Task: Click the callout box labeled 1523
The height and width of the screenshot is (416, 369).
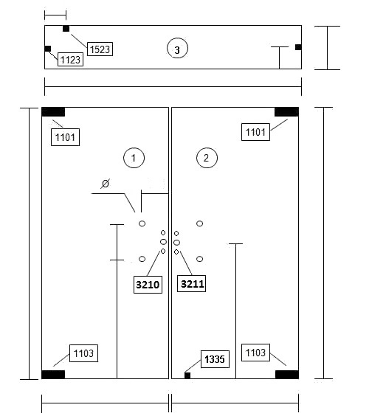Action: (100, 49)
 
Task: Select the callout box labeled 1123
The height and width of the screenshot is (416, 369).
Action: (70, 60)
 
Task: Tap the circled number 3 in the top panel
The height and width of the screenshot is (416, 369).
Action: (177, 49)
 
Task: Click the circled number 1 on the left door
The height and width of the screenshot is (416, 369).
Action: (134, 158)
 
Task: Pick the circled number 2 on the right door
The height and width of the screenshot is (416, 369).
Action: (207, 158)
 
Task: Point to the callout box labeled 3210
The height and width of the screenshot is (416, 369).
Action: (148, 285)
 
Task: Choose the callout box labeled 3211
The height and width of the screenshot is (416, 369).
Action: (191, 284)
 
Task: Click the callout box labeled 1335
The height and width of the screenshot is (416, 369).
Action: (215, 359)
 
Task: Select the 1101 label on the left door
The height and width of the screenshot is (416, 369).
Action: (65, 137)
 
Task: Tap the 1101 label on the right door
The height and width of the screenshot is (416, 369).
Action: (255, 132)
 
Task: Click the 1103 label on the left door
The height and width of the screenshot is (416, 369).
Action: (83, 353)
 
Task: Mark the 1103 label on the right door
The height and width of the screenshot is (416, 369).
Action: (255, 353)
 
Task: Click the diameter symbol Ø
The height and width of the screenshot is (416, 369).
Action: (106, 184)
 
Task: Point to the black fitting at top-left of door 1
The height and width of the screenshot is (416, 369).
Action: (53, 112)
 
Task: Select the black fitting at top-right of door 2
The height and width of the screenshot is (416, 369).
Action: (286, 112)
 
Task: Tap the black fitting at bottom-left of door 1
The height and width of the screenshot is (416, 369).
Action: (53, 375)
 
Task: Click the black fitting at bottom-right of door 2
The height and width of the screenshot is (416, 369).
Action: (287, 375)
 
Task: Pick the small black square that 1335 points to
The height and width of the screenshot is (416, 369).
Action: (187, 375)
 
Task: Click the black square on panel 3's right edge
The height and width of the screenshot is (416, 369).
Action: (298, 47)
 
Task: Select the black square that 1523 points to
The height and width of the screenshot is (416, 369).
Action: (66, 29)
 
